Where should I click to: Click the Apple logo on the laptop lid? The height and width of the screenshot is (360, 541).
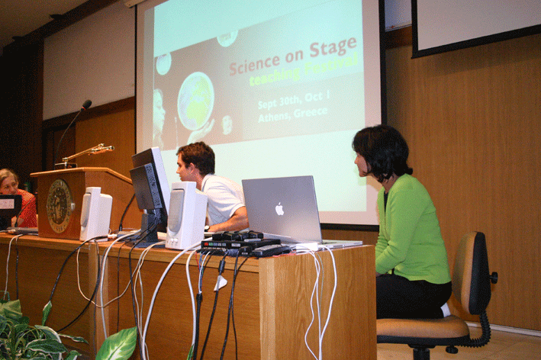coord(279,209)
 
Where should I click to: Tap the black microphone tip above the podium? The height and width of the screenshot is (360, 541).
coord(86,104)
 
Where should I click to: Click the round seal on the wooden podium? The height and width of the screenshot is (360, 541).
coord(60,205)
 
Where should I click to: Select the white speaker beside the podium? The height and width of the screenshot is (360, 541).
coord(95,214)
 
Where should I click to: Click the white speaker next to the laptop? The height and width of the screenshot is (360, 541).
coord(185,215)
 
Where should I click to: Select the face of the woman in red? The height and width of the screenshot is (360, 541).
coord(9,185)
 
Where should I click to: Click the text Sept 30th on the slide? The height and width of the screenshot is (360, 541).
coord(279,101)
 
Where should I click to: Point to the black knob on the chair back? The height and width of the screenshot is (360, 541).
coord(494,277)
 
